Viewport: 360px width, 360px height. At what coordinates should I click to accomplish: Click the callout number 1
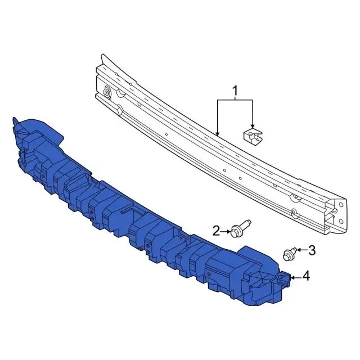[235, 91]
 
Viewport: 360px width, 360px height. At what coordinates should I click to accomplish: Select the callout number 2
[216, 231]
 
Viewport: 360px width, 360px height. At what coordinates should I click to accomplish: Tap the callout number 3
[312, 250]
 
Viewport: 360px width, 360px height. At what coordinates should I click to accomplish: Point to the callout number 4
[306, 276]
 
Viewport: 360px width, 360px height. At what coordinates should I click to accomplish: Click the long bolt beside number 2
[241, 229]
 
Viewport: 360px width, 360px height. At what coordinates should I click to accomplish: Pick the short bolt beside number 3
[290, 254]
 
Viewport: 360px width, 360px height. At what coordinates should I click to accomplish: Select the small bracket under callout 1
[253, 137]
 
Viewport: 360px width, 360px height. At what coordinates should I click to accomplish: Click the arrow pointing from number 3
[301, 250]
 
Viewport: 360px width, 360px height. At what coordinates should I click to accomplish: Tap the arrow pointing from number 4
[296, 278]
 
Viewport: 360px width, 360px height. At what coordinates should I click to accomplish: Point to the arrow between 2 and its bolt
[225, 231]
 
